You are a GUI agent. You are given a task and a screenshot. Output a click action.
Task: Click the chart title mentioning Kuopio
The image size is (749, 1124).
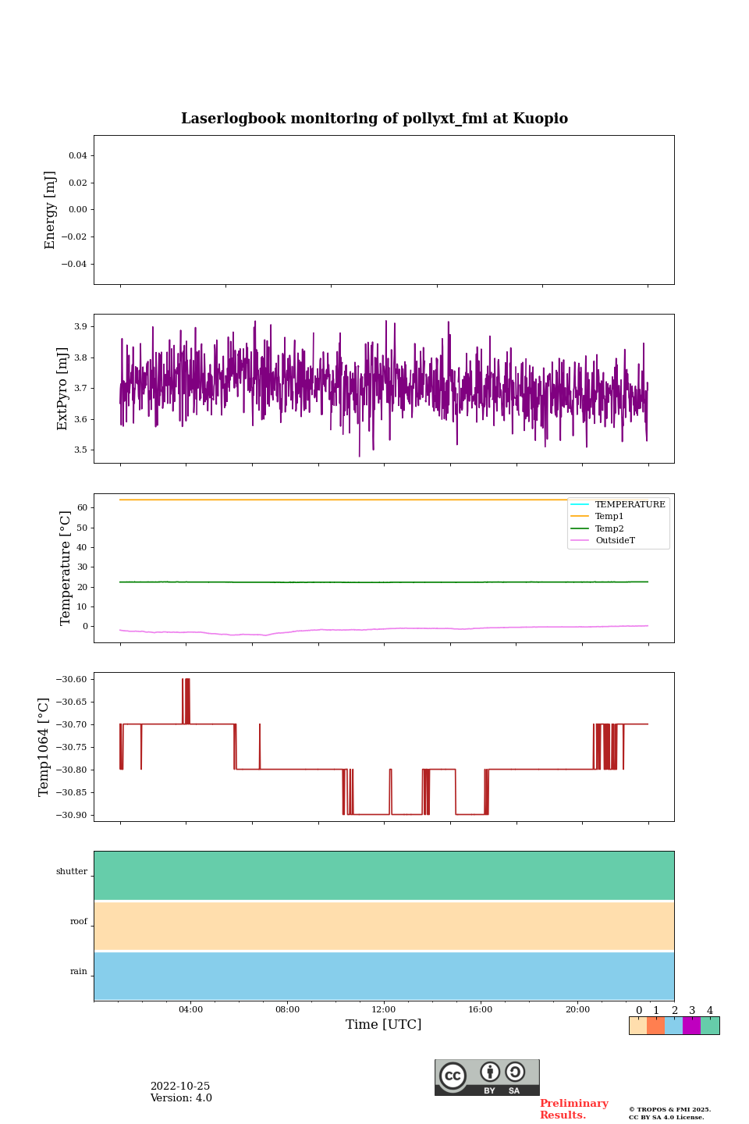(374, 119)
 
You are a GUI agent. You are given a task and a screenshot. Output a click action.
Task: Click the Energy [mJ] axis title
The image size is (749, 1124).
(51, 210)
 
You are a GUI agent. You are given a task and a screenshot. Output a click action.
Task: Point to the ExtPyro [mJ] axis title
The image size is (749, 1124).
(63, 389)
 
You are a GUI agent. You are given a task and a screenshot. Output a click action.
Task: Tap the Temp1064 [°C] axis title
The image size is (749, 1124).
(44, 747)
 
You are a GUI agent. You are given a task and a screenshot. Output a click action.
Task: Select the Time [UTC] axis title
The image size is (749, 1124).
(383, 1024)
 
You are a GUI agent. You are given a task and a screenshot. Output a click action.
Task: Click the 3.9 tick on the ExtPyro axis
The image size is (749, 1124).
(80, 326)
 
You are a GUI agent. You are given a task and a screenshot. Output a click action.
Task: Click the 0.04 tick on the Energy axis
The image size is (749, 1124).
(77, 156)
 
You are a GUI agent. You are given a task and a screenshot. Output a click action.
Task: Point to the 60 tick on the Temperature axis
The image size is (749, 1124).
(81, 508)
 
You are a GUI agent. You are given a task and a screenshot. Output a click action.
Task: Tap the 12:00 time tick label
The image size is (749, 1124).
(383, 1010)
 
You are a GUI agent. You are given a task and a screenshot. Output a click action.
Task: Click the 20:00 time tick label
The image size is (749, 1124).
(577, 1010)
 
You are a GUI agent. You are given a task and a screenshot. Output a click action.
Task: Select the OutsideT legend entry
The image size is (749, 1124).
(615, 541)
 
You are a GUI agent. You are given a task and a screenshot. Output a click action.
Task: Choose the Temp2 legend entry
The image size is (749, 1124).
(609, 529)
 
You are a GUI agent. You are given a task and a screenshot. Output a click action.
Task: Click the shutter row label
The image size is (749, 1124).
(72, 872)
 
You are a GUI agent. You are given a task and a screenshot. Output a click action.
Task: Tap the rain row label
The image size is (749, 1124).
(79, 972)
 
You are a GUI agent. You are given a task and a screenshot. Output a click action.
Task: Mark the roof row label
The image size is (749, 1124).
(79, 922)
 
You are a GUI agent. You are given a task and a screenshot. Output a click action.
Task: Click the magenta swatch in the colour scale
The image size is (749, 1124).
(691, 1026)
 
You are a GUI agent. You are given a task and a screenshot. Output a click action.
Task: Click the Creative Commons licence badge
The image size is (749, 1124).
(487, 1077)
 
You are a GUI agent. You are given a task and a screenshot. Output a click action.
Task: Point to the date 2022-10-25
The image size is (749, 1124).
(180, 1087)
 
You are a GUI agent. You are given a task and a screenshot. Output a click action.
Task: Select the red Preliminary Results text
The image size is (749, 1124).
(573, 1109)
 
